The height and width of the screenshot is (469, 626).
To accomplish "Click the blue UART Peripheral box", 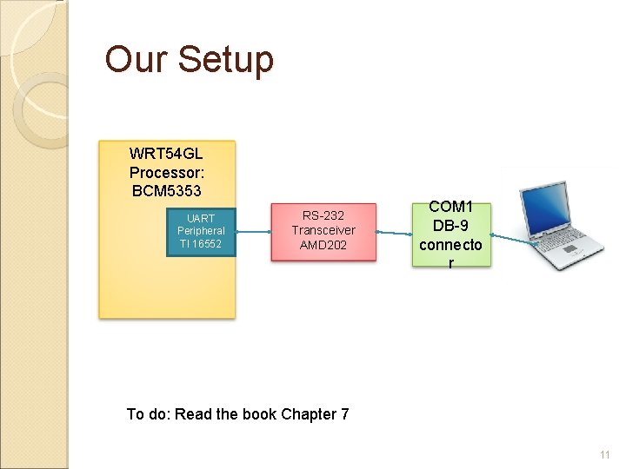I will tap(201, 231).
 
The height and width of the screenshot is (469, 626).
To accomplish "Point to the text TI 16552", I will tap(201, 244).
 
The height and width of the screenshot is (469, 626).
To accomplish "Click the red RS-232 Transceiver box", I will tap(323, 231).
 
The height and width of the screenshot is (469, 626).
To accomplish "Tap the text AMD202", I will tap(323, 245).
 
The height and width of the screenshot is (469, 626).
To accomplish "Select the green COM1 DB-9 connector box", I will tap(450, 234).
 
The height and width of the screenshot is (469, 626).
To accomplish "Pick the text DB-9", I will tap(450, 227).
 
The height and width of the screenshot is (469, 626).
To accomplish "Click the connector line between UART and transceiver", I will tap(252, 231).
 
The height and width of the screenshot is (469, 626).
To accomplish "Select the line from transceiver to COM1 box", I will tap(396, 232).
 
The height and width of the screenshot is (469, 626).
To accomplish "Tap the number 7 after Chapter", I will tap(344, 413).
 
